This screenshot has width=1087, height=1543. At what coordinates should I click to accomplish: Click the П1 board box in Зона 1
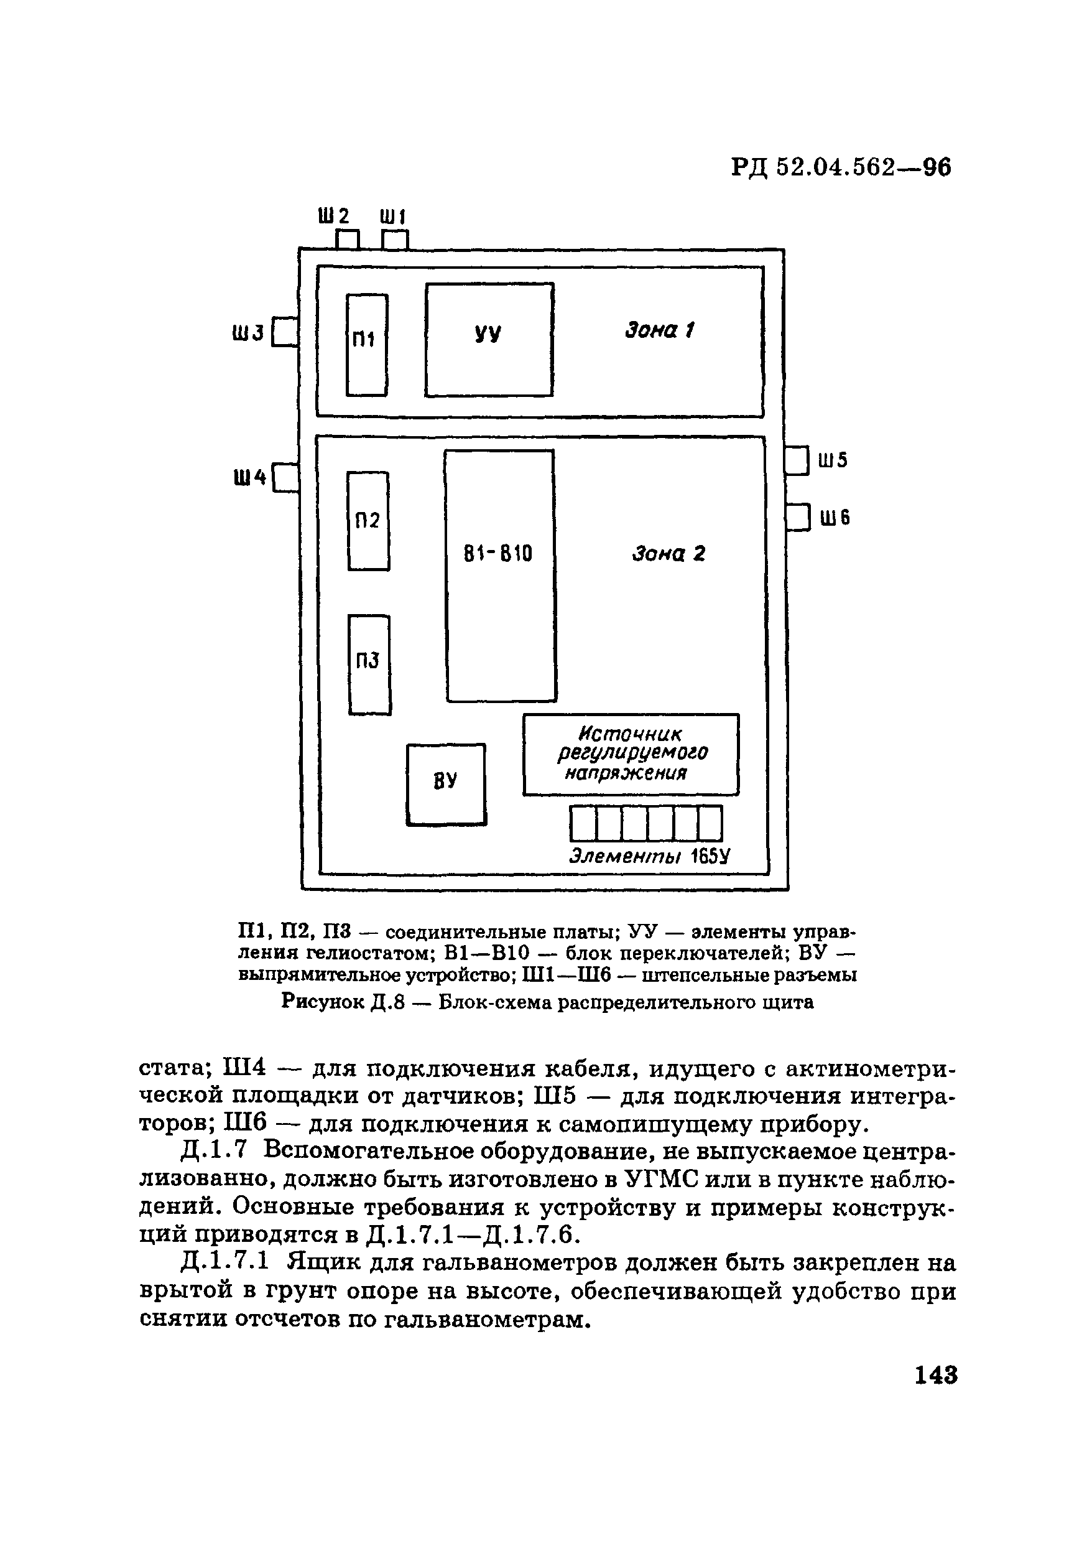(366, 345)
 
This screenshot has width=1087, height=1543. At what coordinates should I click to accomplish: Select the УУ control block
(489, 339)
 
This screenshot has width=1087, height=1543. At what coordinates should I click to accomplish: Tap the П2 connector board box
(368, 521)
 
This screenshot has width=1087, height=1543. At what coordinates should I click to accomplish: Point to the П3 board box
(369, 664)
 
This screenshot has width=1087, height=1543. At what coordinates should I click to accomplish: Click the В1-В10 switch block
(500, 576)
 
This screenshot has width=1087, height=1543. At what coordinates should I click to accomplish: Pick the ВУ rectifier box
(446, 783)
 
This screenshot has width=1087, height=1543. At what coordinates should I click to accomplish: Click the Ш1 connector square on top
(395, 240)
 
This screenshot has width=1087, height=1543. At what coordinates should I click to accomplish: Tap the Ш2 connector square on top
(348, 240)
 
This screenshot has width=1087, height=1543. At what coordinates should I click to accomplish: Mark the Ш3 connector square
(285, 332)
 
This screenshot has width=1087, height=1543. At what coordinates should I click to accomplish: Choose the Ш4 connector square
(285, 478)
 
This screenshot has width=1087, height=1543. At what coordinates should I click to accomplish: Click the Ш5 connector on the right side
(797, 461)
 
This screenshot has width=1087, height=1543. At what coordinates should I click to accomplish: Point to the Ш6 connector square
(798, 518)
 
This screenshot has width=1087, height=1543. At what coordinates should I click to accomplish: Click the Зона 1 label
(659, 330)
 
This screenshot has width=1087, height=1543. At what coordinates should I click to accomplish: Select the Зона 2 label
(668, 554)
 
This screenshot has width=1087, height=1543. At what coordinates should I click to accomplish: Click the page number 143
(936, 1374)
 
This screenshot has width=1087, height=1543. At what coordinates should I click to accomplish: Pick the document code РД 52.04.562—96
(841, 167)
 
